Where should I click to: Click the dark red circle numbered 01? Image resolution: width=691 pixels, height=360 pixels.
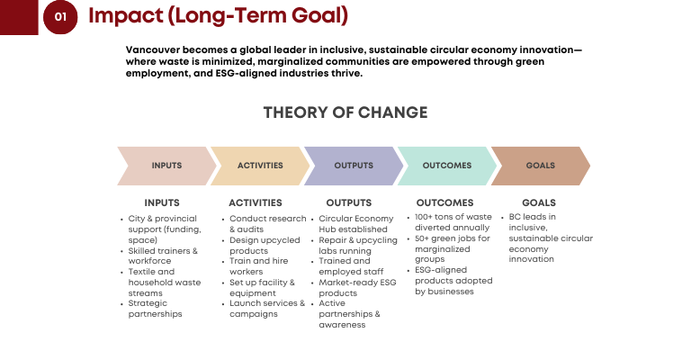click(60, 17)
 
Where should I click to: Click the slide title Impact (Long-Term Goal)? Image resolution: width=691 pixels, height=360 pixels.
click(218, 15)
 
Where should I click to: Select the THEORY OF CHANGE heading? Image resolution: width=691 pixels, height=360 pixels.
click(345, 112)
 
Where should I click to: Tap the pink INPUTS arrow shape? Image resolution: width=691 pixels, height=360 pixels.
click(166, 166)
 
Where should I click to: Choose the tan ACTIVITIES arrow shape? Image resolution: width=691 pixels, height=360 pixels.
click(260, 166)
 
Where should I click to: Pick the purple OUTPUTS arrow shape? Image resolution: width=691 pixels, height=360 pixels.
click(354, 166)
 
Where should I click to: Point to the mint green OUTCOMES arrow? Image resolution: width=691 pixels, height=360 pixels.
click(447, 166)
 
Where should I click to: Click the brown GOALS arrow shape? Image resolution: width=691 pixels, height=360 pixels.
click(540, 166)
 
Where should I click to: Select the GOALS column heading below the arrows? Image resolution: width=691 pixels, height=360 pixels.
click(539, 202)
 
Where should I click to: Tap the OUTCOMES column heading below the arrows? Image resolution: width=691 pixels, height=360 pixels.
click(444, 202)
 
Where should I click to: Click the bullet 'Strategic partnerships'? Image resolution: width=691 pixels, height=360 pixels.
click(155, 309)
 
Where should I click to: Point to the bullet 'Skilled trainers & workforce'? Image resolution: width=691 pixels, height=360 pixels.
click(163, 256)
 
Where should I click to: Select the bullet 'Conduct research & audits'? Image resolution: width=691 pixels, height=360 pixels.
click(268, 224)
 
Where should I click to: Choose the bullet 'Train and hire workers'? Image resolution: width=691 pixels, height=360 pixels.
click(259, 266)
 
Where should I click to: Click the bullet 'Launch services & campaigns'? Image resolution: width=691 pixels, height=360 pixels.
click(267, 309)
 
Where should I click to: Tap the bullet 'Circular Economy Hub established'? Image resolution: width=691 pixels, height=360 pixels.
click(356, 224)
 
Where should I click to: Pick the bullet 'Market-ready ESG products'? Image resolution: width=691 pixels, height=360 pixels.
click(357, 288)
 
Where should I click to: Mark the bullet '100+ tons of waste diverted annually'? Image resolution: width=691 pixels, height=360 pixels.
click(453, 222)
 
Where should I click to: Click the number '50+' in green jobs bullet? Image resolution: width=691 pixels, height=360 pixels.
click(422, 238)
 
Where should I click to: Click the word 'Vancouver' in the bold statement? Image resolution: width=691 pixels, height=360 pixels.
click(152, 49)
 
